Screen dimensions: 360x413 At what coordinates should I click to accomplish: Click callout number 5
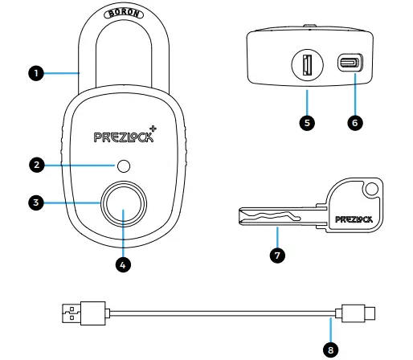tap(307, 123)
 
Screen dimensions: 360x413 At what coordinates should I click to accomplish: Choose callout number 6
tap(354, 123)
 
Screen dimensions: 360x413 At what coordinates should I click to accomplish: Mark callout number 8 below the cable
tap(329, 350)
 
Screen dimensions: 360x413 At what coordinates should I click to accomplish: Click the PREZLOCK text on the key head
tap(354, 217)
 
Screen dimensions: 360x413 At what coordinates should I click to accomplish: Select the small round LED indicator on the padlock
tap(124, 166)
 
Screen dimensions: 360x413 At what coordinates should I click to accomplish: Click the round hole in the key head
tap(370, 190)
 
